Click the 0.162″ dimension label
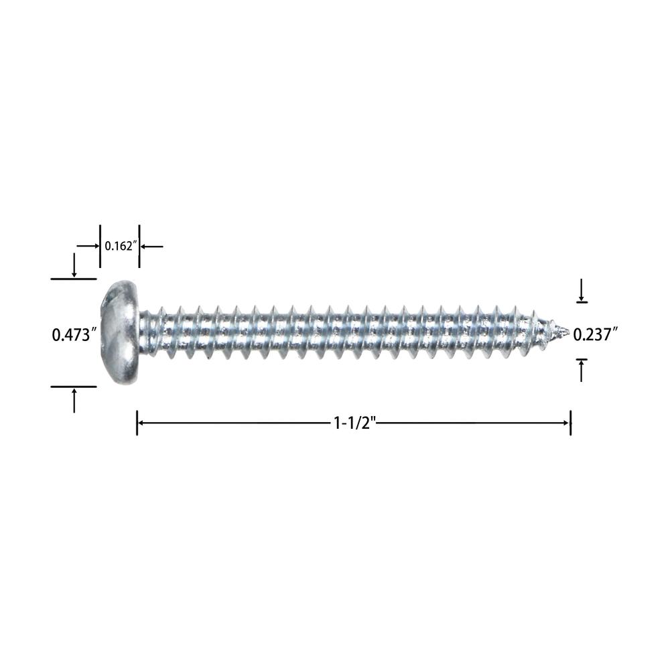tap(121, 246)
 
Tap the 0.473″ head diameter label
tap(72, 334)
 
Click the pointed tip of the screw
tap(569, 331)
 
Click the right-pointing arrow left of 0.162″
tap(88, 246)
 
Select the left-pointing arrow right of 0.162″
tap(151, 246)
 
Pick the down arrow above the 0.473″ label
tap(74, 265)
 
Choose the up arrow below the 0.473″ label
tap(74, 401)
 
